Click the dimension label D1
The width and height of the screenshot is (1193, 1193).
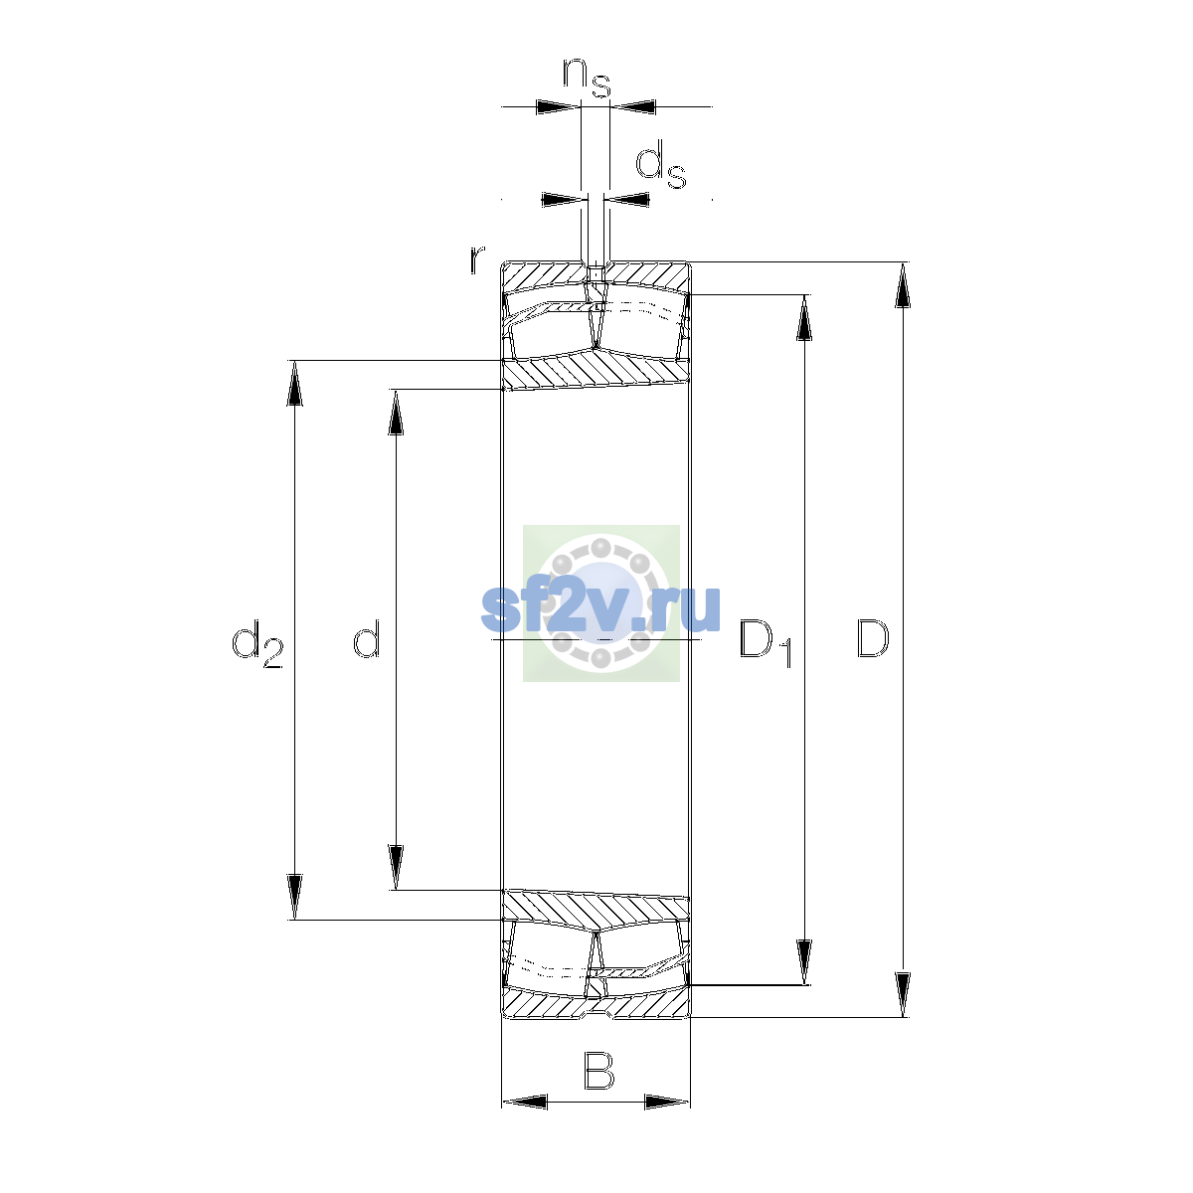tap(766, 643)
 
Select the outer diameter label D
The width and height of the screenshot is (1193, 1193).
tap(872, 638)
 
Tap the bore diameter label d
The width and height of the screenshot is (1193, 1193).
tap(366, 638)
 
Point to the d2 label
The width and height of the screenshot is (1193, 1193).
tap(256, 644)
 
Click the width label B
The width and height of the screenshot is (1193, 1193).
tap(598, 1071)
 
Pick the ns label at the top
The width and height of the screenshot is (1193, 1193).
tap(587, 78)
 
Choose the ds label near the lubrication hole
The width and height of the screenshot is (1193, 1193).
tap(660, 165)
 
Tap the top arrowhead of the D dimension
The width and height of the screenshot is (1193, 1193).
tap(903, 284)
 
